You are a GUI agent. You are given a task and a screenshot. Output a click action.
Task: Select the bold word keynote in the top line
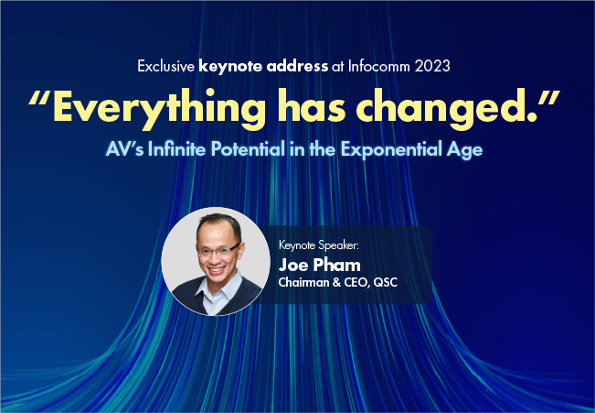pyautogui.click(x=233, y=66)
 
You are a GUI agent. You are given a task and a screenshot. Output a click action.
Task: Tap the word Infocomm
pyautogui.click(x=376, y=66)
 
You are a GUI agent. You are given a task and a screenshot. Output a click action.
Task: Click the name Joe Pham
pyautogui.click(x=320, y=265)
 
